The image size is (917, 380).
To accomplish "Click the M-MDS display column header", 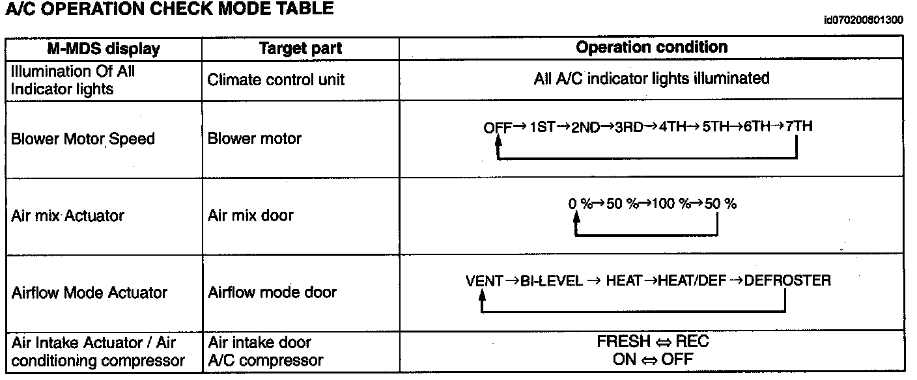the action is [104, 49].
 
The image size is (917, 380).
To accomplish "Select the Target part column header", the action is [300, 49].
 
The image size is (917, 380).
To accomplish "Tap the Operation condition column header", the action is [651, 47].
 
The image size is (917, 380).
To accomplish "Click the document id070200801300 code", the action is [863, 20].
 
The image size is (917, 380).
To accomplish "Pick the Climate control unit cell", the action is [276, 80].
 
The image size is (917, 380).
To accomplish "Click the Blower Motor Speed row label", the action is [83, 139].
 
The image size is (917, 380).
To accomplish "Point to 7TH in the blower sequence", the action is [798, 126].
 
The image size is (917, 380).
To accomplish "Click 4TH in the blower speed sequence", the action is [673, 127].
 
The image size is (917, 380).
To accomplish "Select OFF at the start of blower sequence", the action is [498, 128].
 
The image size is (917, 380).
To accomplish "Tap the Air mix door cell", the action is [251, 216].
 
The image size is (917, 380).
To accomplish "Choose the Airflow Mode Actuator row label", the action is [89, 293].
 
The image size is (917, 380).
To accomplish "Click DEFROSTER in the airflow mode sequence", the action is [787, 281].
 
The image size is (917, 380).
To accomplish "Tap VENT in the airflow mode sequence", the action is [484, 281].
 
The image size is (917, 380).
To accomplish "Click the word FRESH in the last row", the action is [623, 342].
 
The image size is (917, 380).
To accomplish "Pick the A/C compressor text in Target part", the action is [265, 360].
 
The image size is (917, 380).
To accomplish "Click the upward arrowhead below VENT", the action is [482, 296].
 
